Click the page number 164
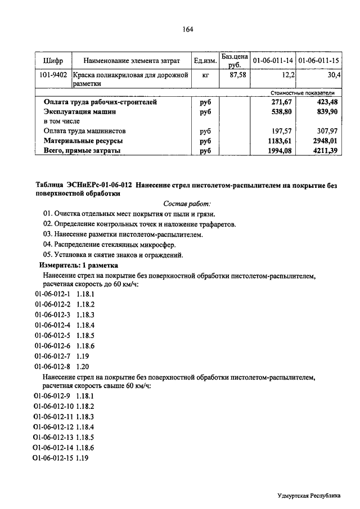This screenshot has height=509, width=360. (x=188, y=30)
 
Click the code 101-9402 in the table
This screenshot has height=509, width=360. (x=53, y=74)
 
